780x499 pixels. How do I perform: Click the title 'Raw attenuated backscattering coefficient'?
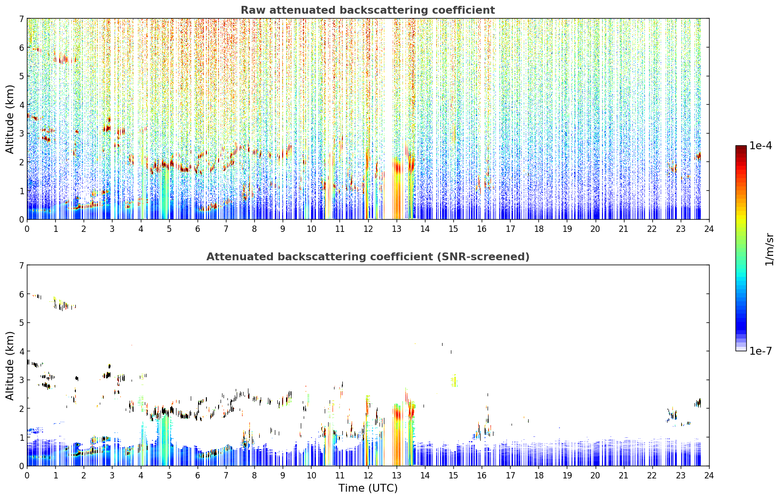[368, 10]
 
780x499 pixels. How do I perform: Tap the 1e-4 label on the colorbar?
[760, 146]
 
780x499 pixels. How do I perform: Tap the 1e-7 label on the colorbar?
[760, 351]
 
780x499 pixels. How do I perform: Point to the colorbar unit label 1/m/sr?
[769, 249]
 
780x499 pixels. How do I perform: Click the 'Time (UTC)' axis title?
[368, 488]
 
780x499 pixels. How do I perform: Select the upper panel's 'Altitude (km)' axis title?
[10, 119]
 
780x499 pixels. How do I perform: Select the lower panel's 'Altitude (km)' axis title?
[10, 365]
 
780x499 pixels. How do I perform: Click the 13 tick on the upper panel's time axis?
[397, 229]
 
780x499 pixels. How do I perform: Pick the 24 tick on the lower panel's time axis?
[709, 476]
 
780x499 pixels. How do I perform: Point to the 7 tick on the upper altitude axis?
[21, 19]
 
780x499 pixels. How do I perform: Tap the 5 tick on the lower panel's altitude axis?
[21, 323]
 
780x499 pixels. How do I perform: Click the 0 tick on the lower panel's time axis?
[27, 476]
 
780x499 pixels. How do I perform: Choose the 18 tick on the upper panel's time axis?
[539, 229]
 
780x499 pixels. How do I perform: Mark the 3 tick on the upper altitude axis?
[21, 133]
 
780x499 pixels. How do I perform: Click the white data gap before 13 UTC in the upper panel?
[388, 118]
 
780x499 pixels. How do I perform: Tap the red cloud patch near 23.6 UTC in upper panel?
[698, 157]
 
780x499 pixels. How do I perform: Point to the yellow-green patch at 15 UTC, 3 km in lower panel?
[453, 381]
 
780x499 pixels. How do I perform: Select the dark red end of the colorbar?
[741, 148]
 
